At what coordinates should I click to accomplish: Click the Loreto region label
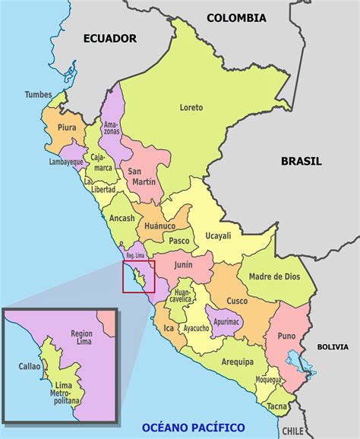point(191,108)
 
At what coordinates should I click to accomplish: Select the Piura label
point(67,128)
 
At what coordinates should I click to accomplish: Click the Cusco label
point(237,301)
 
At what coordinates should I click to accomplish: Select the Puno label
point(286,335)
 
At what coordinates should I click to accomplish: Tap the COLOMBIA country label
point(236,17)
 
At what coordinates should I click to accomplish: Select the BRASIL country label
point(301,161)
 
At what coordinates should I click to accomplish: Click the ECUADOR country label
point(110,38)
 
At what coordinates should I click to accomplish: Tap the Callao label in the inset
point(30,366)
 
